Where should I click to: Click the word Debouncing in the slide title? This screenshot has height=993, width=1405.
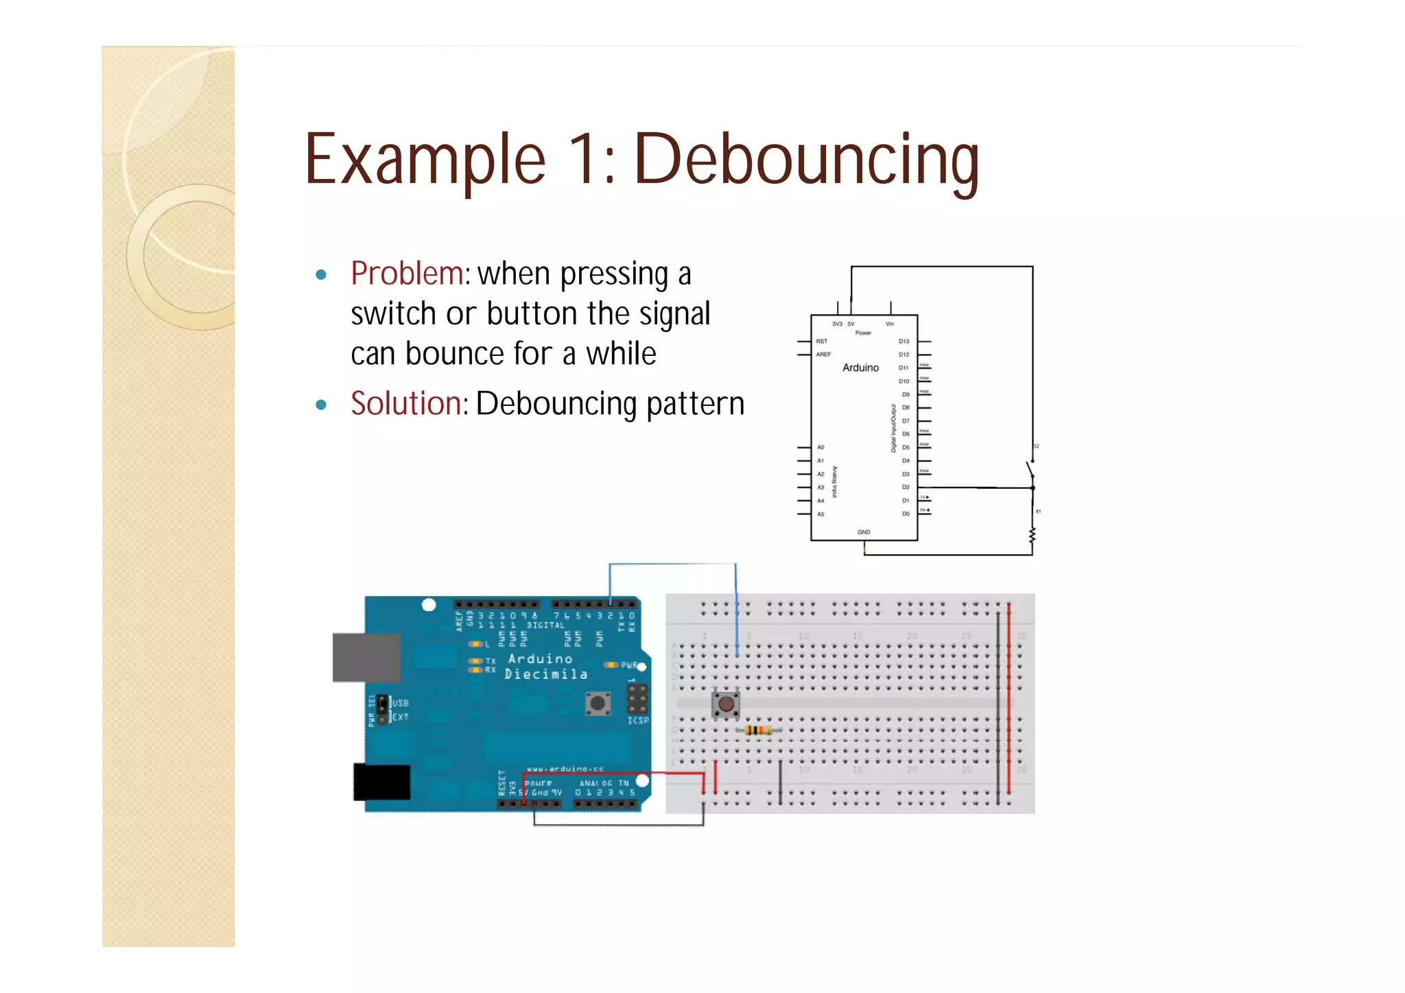point(807,160)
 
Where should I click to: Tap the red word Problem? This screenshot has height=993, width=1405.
point(407,274)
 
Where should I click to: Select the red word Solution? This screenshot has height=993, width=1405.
point(405,403)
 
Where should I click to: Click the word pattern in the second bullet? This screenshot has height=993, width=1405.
point(695,404)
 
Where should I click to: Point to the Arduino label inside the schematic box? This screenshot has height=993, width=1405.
point(860,368)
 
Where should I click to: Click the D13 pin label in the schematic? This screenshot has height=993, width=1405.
point(904,342)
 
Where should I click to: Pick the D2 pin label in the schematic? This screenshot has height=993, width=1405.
point(906,488)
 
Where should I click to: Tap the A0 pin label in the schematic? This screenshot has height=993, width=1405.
point(820,447)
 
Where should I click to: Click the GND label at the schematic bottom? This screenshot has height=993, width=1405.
point(864,532)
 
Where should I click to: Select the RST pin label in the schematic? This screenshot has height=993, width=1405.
point(821,342)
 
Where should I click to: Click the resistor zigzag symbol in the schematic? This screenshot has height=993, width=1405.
point(1032,536)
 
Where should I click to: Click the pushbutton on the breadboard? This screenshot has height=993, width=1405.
point(726,704)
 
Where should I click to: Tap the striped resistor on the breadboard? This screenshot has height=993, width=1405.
point(757,730)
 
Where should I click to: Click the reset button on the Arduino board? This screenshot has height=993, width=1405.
point(598,704)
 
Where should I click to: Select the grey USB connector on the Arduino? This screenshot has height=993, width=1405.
point(366,658)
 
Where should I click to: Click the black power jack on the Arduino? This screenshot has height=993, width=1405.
point(382,782)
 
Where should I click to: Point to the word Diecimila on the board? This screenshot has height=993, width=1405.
point(546,675)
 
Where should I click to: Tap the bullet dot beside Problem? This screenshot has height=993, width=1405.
point(320,276)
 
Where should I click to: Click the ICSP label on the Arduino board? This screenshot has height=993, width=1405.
point(638,721)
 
